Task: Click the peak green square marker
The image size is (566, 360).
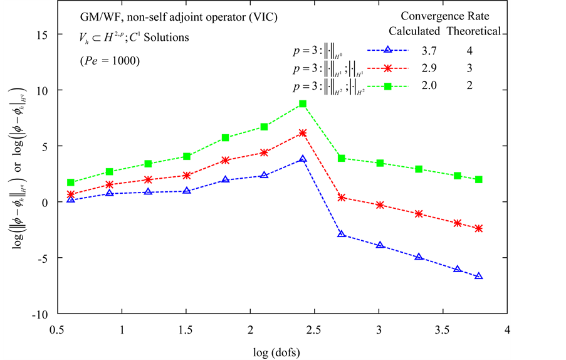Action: (303, 104)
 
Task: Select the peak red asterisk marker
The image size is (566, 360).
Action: (303, 133)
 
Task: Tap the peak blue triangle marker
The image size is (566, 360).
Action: (303, 159)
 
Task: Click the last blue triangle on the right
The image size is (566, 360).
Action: (479, 276)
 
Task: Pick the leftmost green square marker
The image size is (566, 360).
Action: (71, 183)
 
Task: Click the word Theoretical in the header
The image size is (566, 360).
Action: (473, 31)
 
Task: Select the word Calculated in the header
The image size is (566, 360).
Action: (415, 31)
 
